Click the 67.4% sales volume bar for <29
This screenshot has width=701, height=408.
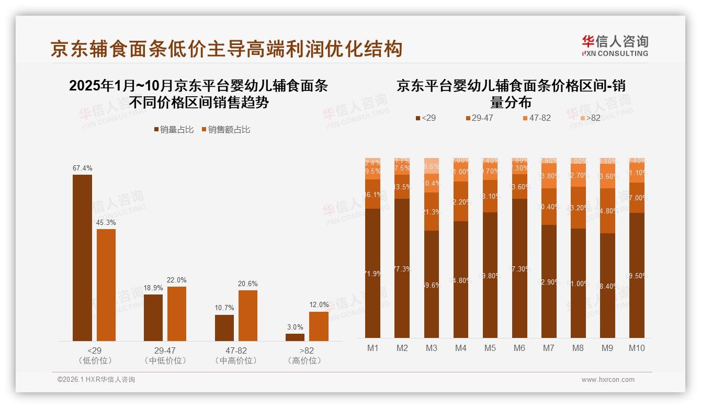click(82, 257)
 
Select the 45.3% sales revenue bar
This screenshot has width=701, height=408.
click(106, 285)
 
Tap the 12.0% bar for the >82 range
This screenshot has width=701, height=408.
click(319, 326)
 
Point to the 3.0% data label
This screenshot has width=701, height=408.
click(295, 327)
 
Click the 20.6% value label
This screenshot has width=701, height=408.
click(247, 284)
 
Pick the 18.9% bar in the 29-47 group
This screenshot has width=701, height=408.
click(153, 318)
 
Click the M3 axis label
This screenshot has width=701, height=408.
click(431, 348)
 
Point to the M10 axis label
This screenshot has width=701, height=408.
click(637, 348)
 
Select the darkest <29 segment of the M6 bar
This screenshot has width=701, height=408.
click(519, 268)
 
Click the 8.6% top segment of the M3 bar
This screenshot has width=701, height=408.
click(431, 166)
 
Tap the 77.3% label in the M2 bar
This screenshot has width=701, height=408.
click(402, 269)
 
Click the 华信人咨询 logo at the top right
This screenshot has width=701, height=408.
click(615, 46)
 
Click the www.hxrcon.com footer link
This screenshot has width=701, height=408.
click(607, 380)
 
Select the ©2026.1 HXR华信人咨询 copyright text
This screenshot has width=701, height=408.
click(96, 380)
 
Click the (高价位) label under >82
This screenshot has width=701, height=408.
click(304, 360)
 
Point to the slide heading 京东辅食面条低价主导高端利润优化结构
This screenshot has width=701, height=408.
click(227, 48)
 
